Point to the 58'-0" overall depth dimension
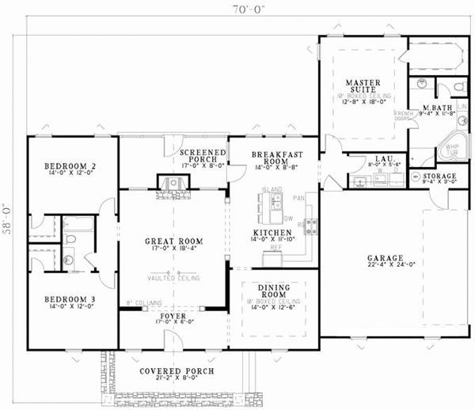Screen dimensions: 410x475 point(9,214)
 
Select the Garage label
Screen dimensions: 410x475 point(386,258)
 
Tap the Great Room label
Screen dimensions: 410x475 point(173,241)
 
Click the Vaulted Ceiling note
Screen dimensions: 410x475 point(173,278)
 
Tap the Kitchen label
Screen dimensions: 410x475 point(273,233)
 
